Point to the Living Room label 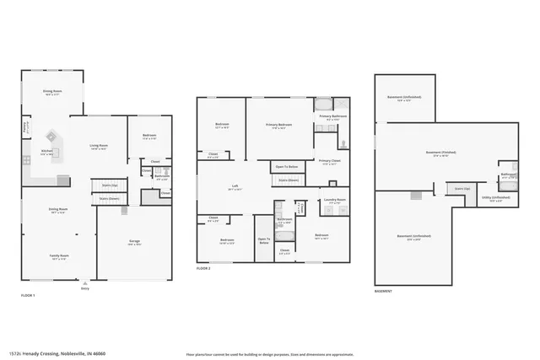99,147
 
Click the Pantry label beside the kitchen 25,127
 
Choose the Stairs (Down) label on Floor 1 109,199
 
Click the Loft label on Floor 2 235,188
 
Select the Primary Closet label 329,162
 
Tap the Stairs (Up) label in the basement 461,189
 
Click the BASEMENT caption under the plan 383,291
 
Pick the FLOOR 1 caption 28,295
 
